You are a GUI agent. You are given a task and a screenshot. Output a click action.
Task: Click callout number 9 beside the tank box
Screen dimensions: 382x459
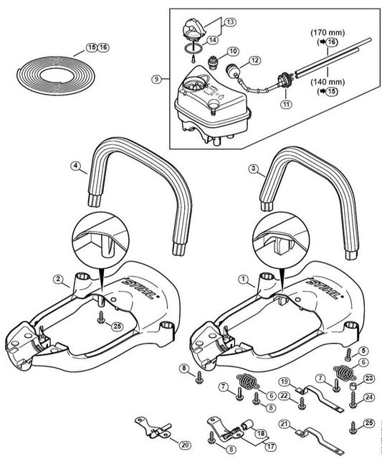tap(157, 80)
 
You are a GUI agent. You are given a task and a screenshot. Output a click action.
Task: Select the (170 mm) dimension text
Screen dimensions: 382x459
tap(328, 32)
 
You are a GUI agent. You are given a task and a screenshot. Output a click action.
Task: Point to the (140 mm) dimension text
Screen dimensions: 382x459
tap(328, 82)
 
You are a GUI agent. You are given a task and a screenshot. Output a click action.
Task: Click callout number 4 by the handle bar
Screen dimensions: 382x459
tap(75, 166)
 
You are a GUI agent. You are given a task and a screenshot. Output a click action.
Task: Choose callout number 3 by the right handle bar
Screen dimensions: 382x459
tap(253, 169)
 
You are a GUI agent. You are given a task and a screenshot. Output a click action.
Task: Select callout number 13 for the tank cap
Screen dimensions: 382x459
tap(231, 22)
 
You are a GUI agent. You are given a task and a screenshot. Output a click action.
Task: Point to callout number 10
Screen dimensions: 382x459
tap(233, 52)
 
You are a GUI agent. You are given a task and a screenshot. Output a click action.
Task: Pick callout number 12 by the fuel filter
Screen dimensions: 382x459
tap(254, 60)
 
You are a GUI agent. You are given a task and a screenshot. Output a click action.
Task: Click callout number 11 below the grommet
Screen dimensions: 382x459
tap(286, 103)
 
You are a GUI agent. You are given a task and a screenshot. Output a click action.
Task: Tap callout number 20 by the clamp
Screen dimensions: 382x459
tap(184, 445)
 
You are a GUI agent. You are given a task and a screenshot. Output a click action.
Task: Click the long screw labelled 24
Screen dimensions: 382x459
tap(353, 399)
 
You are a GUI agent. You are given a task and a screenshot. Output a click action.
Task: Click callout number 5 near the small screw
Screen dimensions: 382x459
tap(363, 350)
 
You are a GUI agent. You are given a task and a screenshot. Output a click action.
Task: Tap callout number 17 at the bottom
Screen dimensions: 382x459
tap(270, 447)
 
